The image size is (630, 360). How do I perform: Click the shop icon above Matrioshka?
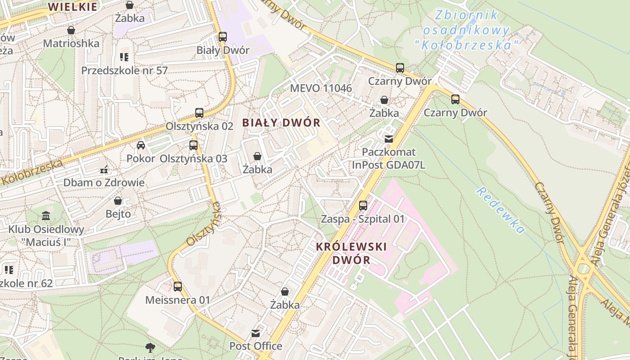(71, 30)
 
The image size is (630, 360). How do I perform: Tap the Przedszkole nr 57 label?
(124, 71)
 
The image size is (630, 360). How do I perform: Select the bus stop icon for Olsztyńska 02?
(199, 112)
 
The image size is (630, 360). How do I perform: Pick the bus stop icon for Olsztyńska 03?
(193, 145)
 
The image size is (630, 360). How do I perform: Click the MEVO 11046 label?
(321, 88)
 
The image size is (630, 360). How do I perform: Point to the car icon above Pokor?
(141, 145)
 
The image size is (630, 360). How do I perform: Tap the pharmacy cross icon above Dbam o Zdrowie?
(104, 170)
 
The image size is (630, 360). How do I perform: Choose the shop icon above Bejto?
(118, 201)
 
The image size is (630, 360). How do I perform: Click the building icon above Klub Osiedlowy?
(46, 216)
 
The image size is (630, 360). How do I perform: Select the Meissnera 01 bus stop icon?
(178, 286)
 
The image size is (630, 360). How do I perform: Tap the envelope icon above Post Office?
(256, 333)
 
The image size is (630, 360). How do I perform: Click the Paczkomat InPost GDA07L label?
(388, 158)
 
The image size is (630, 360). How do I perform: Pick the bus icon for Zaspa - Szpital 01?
(363, 206)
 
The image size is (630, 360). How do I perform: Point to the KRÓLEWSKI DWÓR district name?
(351, 253)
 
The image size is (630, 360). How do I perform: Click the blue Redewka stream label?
(501, 210)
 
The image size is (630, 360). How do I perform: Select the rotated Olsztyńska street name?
(204, 224)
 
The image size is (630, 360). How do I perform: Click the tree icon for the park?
(150, 347)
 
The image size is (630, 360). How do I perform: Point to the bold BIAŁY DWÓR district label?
(281, 122)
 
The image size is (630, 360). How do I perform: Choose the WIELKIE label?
(72, 7)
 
